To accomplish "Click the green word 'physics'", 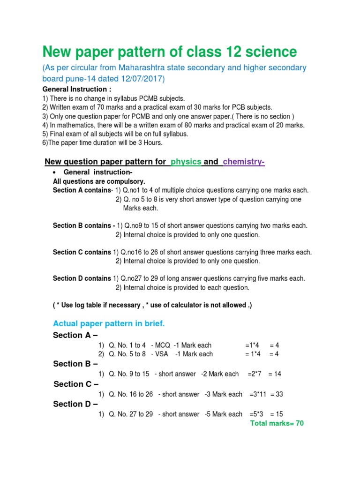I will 186,162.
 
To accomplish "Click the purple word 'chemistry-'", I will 244,162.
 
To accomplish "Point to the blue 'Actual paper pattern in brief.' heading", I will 109,323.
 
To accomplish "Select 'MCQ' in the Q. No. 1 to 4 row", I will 161,345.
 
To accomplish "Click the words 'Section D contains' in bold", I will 82,278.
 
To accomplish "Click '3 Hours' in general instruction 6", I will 150,143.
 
